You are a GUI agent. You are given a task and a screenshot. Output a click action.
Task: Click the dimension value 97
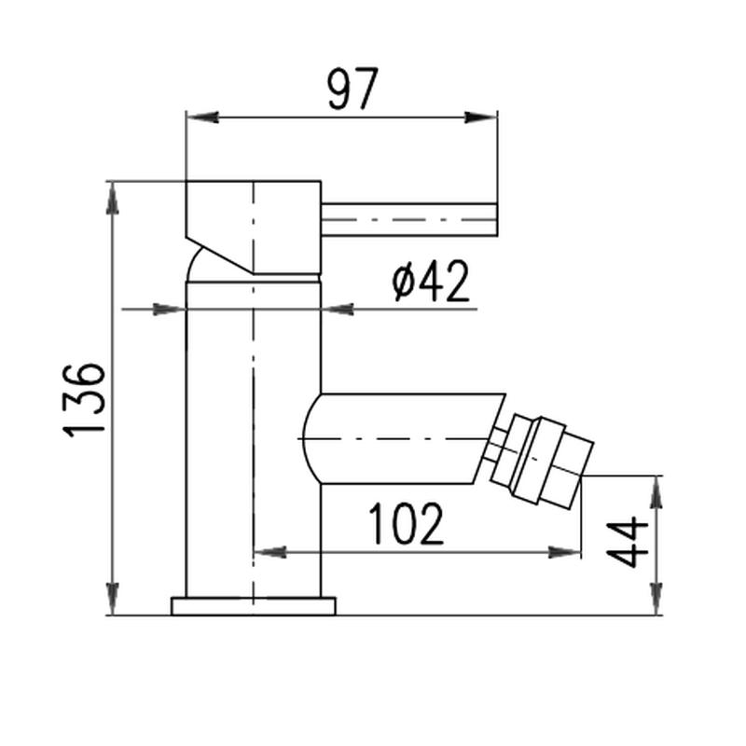coord(353,89)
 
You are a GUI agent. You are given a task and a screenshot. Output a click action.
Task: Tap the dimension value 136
coord(84,400)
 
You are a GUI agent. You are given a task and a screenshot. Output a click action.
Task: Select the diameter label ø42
coord(431,282)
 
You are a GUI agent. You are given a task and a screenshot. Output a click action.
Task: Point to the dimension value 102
coord(407,523)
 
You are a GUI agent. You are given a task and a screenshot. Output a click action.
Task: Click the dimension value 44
coord(628,543)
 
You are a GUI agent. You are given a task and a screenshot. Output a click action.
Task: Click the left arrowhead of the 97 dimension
coord(202,117)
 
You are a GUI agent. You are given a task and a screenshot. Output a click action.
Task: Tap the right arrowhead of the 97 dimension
coord(480,117)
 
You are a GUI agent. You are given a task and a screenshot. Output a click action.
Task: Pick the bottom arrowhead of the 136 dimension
coord(113,599)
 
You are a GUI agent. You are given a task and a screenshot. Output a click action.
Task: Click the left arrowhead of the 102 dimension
coord(270,552)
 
